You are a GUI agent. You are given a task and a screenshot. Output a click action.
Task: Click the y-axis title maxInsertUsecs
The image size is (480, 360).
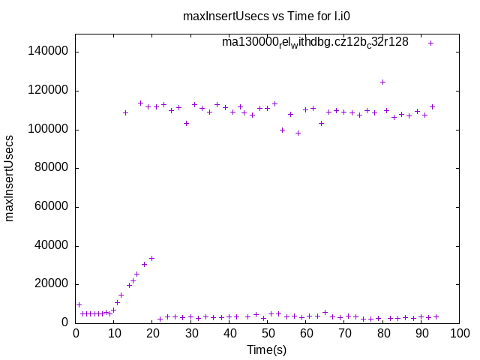[x=10, y=178]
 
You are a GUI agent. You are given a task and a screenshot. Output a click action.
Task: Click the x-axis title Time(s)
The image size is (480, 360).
[x=267, y=349]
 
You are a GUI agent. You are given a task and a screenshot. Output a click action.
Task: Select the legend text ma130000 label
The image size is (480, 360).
[x=315, y=42]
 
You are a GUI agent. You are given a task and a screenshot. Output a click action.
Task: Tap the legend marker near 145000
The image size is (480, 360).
[x=430, y=43]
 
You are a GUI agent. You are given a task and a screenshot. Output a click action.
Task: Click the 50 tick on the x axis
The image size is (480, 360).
[x=268, y=334]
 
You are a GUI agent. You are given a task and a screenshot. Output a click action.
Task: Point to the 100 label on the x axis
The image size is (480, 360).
[x=460, y=334]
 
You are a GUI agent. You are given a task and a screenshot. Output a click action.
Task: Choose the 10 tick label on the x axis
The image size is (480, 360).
[x=114, y=334]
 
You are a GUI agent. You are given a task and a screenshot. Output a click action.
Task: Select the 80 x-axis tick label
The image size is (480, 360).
[x=383, y=334]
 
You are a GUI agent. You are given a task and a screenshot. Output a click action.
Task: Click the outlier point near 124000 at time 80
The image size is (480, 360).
[x=382, y=82]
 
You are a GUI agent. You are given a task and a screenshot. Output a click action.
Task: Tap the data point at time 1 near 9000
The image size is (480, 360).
[x=79, y=304]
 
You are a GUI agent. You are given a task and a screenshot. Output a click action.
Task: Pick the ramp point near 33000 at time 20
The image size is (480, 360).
[x=151, y=258]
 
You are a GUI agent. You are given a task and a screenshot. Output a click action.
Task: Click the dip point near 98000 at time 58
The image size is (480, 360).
[x=298, y=133]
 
